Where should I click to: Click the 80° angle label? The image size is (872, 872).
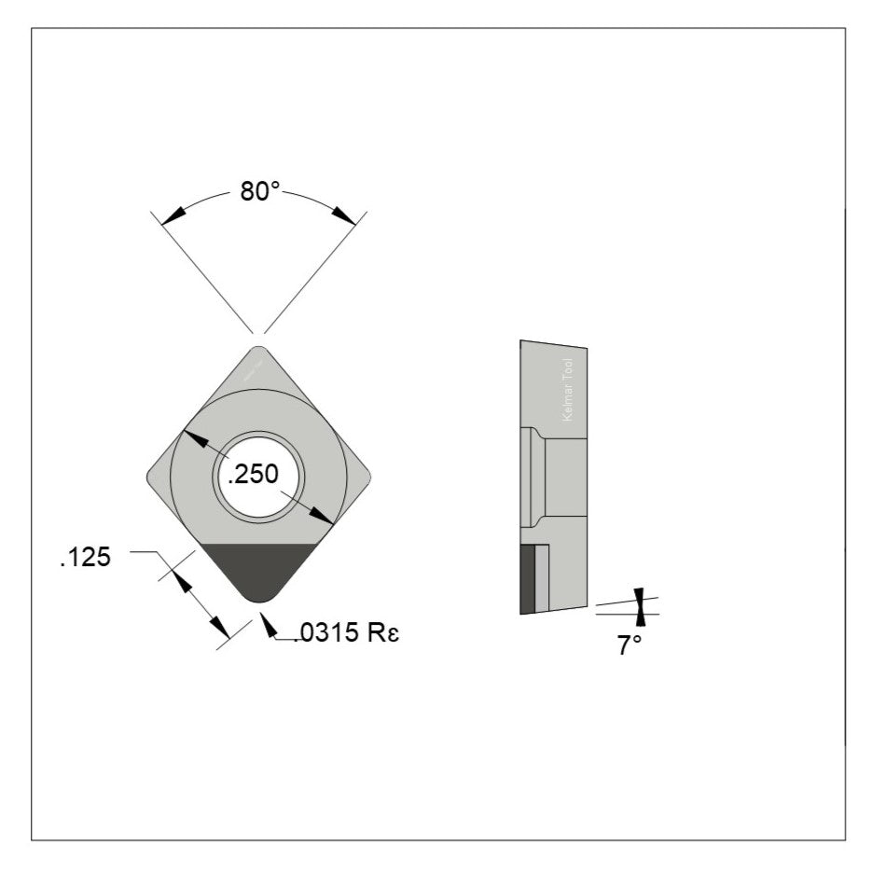pyautogui.click(x=260, y=191)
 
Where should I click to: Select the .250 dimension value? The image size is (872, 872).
pyautogui.click(x=254, y=475)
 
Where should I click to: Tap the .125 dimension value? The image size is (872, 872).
pyautogui.click(x=85, y=558)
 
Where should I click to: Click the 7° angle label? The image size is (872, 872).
pyautogui.click(x=630, y=644)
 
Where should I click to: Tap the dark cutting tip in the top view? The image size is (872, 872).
pyautogui.click(x=258, y=570)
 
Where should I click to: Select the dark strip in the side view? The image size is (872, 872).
pyautogui.click(x=527, y=580)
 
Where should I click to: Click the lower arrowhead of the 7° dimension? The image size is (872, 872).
pyautogui.click(x=640, y=618)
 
